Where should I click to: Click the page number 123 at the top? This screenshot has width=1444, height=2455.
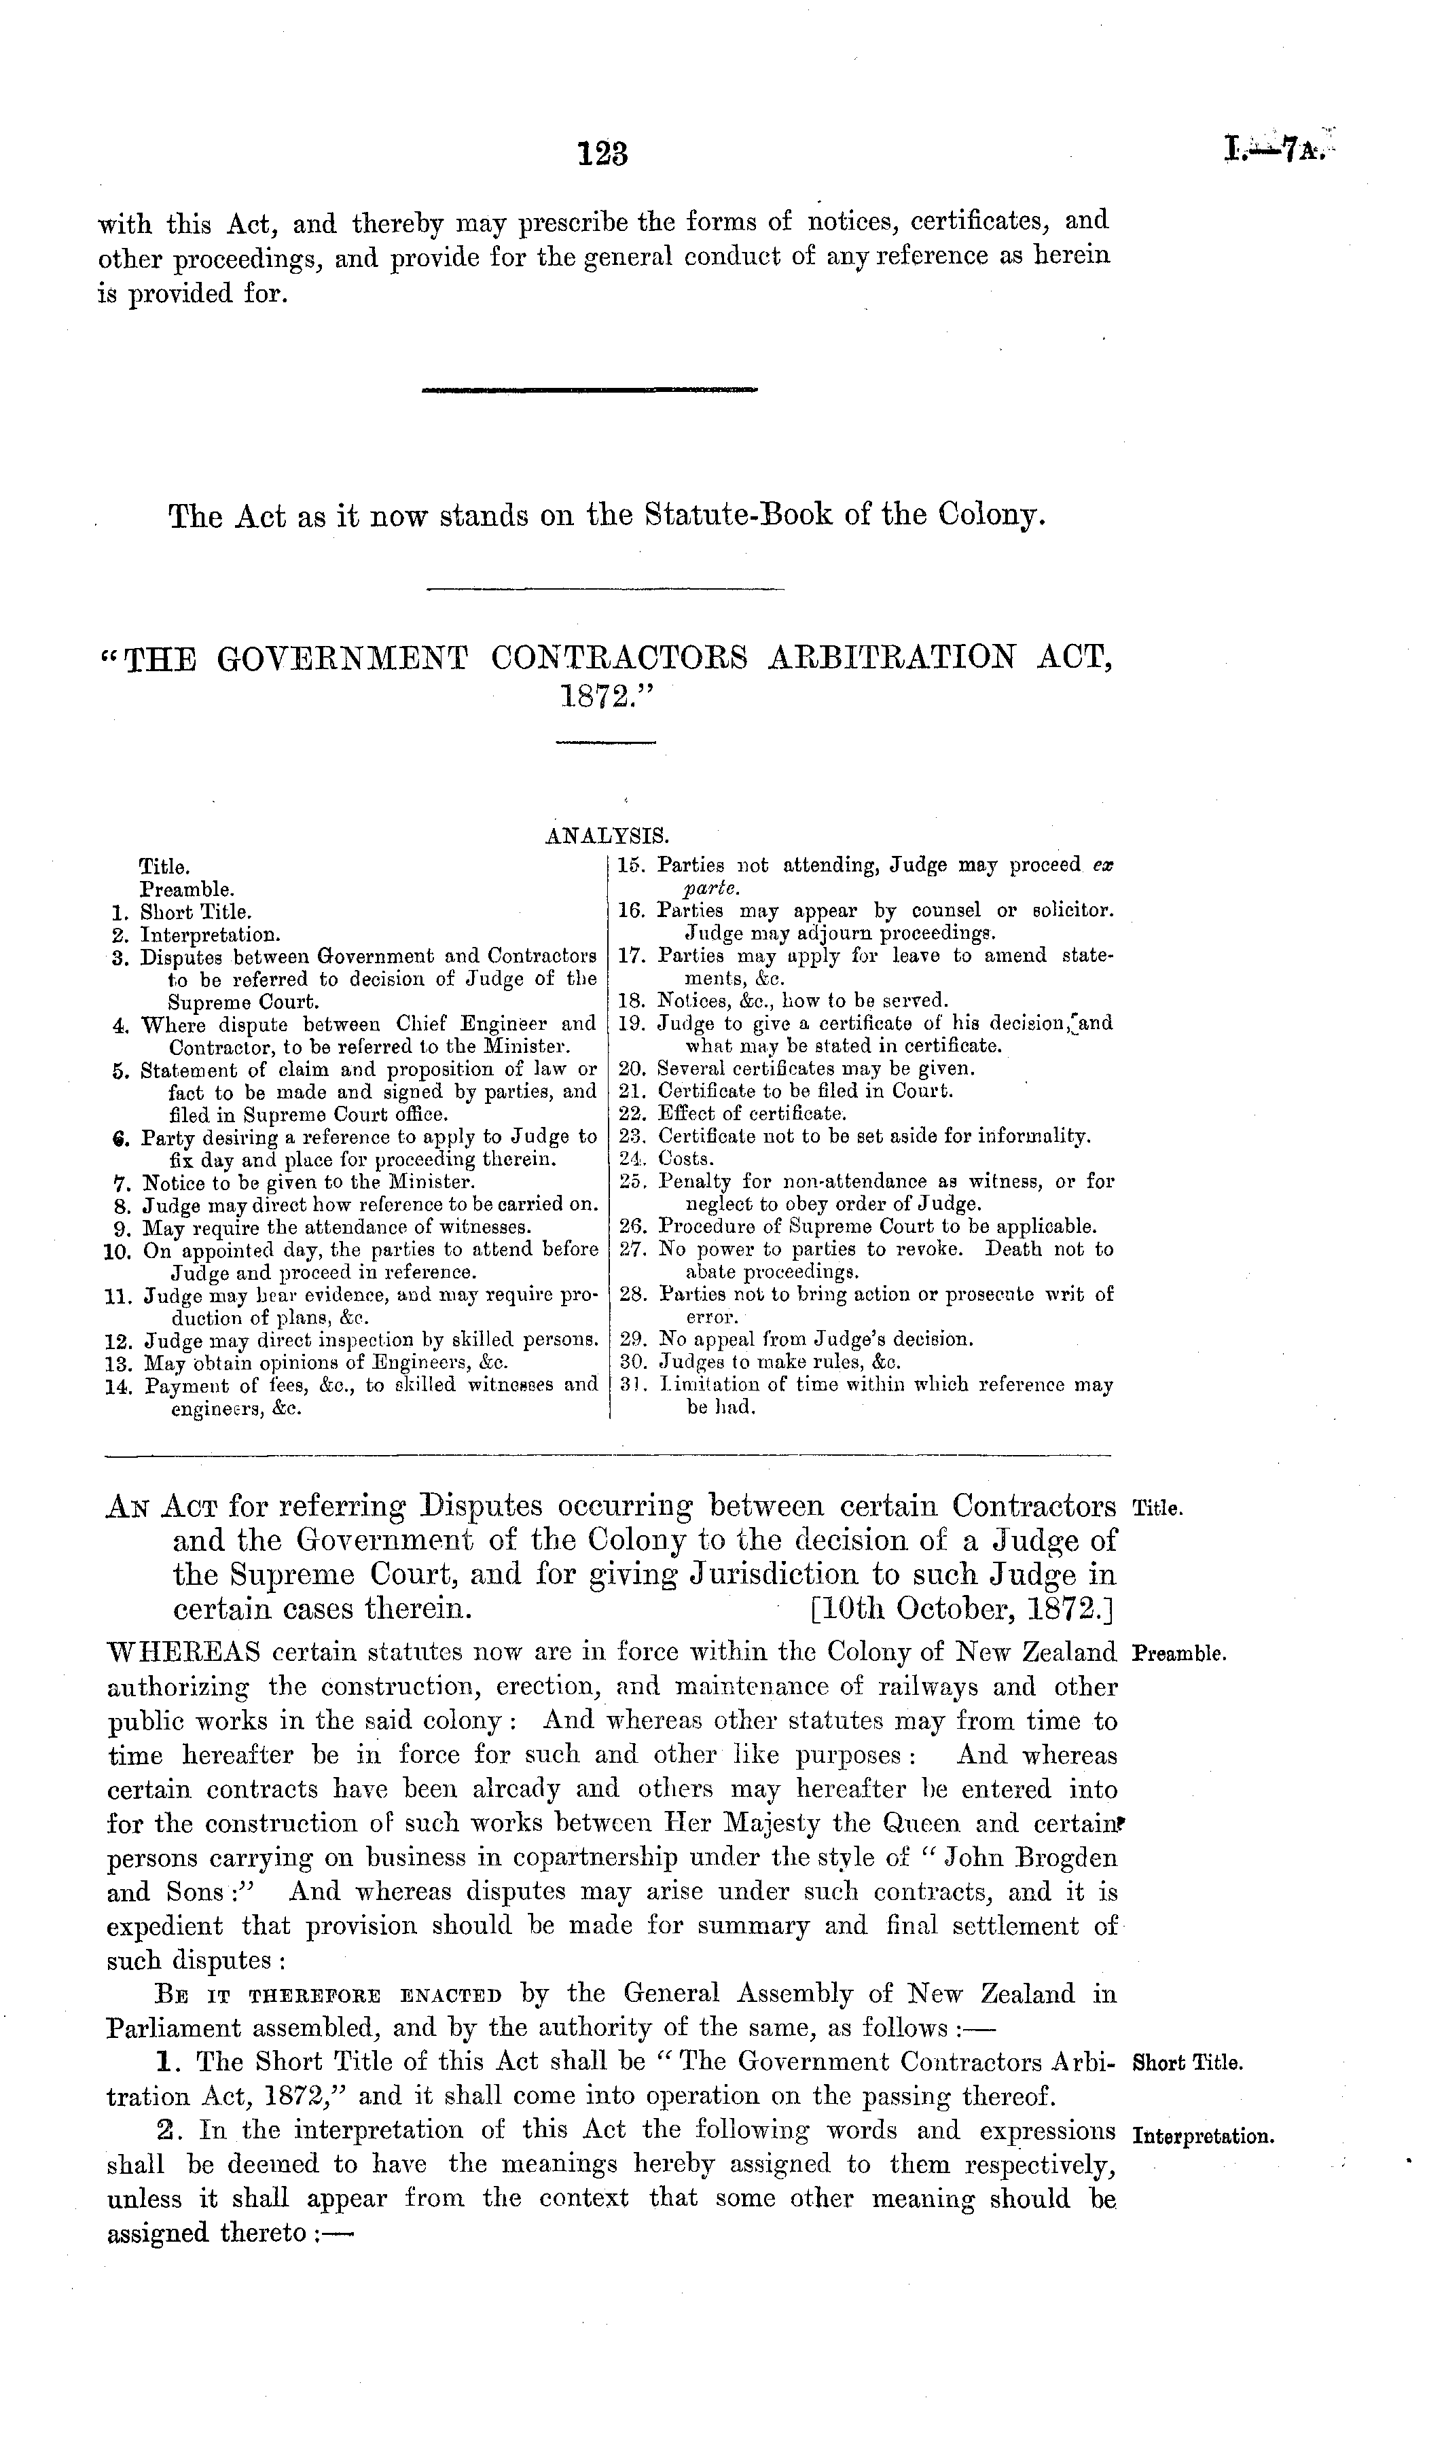tap(604, 154)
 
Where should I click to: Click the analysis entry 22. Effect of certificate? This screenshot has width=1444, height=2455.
tap(734, 1113)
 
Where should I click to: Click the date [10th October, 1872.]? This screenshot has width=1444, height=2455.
tap(962, 1605)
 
